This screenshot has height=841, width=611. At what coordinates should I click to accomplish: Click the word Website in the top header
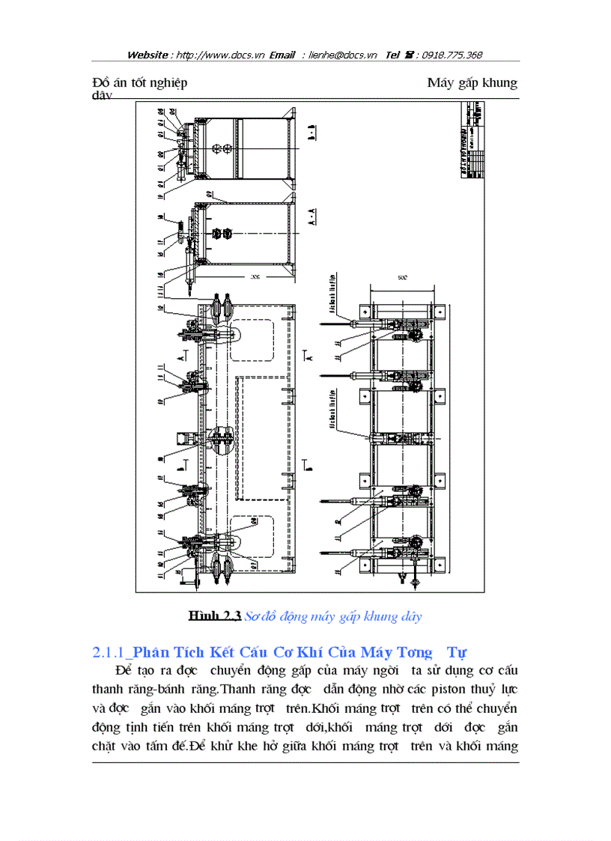pos(148,55)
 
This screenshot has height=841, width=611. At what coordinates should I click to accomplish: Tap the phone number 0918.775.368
pos(452,55)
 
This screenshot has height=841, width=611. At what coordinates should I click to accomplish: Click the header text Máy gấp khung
pos(472,82)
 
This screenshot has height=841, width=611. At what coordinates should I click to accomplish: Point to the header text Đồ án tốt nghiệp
pos(139,82)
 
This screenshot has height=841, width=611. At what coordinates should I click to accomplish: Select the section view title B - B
pos(312,133)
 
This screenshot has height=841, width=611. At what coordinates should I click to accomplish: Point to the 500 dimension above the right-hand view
pos(402,277)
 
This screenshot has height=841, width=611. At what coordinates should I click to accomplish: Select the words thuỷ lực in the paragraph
pos(496,687)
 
